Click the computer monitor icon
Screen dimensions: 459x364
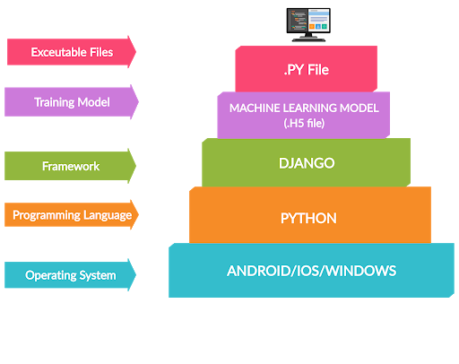point(308,25)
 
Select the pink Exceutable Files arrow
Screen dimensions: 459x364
point(72,52)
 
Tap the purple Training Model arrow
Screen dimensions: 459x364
point(72,102)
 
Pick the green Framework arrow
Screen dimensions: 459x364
point(71,166)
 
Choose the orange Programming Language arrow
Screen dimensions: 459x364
point(72,215)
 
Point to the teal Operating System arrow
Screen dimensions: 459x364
point(71,275)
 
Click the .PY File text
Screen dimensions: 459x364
point(307,70)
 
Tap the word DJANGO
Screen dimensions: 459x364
point(307,163)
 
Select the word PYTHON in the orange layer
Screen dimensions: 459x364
point(308,218)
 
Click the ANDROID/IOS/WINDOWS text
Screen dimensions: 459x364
point(311,271)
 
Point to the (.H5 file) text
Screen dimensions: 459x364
point(304,123)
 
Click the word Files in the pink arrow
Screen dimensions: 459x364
point(98,52)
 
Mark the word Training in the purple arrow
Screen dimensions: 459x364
point(55,102)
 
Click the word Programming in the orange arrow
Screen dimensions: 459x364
point(47,215)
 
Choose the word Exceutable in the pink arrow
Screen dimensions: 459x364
point(55,52)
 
